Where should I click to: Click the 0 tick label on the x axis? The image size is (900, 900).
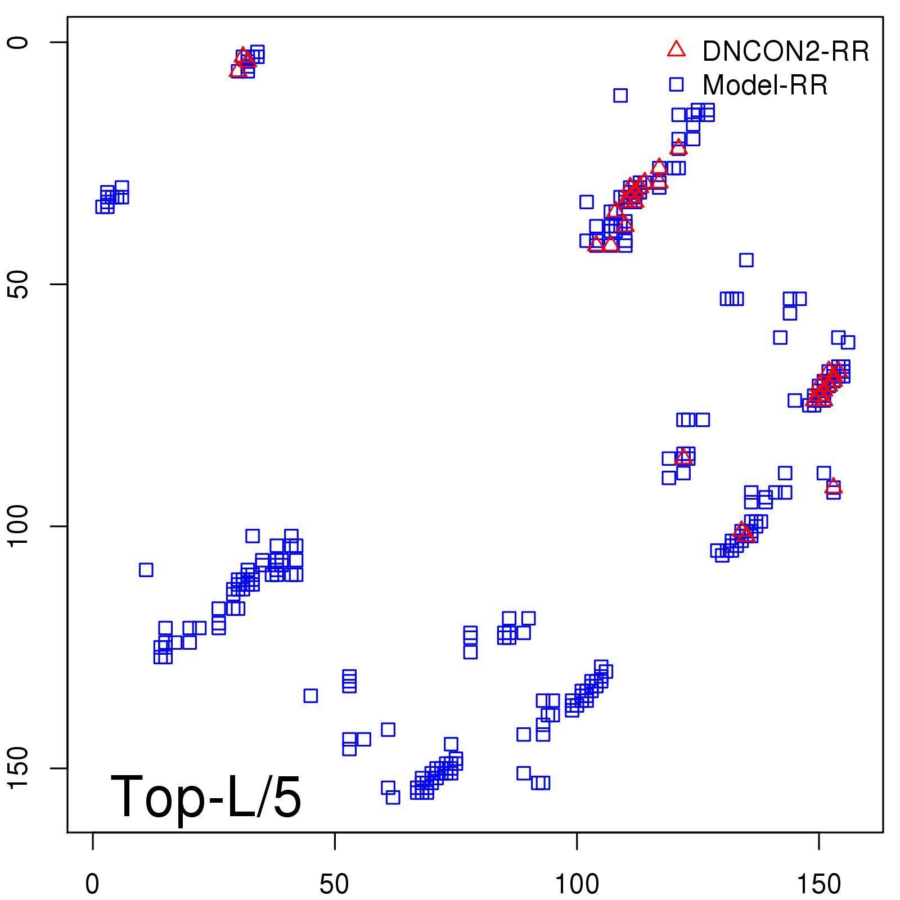tap(92, 885)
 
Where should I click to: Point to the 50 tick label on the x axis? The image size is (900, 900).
tap(334, 885)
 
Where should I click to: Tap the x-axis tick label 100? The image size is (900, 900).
tap(577, 885)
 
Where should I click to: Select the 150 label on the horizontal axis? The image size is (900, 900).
tap(819, 885)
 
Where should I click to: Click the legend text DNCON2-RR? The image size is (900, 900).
tap(786, 52)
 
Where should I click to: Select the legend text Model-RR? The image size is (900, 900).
tap(765, 85)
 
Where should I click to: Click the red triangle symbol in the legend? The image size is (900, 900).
tap(676, 49)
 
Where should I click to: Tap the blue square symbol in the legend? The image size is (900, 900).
tap(676, 84)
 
